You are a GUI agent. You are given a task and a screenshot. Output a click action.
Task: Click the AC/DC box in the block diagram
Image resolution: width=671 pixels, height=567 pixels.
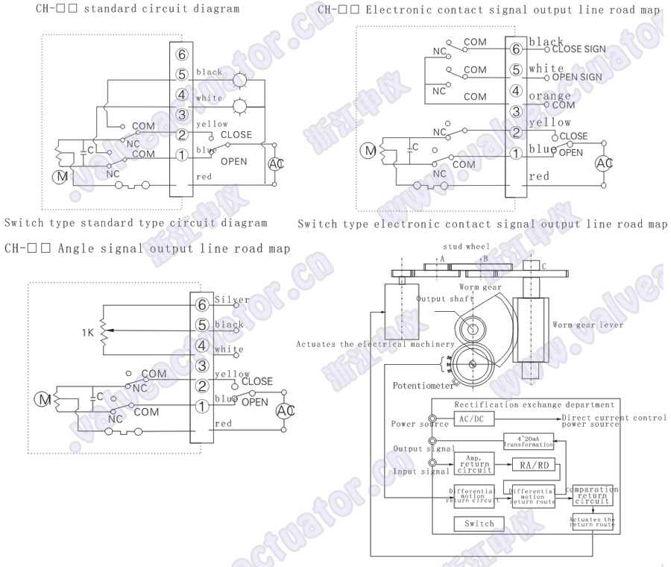pos(472,419)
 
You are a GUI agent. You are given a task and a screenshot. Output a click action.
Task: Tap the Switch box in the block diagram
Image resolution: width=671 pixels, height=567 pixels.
pos(479,524)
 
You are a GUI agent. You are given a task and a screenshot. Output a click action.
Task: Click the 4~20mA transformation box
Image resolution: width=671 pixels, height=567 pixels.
pos(529,440)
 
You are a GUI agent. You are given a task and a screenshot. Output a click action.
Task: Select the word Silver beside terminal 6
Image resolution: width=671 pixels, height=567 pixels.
pos(231,300)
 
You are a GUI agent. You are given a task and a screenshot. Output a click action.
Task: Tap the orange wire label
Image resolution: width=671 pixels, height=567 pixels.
pos(549,95)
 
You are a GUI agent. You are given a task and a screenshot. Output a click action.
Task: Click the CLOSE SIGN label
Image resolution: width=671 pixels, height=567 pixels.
pos(579,49)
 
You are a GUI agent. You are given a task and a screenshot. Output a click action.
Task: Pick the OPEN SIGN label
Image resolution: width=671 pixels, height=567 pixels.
pos(577,77)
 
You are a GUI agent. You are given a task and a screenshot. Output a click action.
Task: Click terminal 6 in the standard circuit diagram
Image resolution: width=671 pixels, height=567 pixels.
pos(182,55)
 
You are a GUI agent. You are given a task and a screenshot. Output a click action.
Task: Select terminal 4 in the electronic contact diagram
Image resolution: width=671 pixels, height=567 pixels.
pos(514,91)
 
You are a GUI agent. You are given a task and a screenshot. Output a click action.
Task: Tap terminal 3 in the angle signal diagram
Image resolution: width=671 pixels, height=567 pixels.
pos(201,366)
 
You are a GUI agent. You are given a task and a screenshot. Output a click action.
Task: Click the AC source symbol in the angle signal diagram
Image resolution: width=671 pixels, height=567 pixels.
pos(285,411)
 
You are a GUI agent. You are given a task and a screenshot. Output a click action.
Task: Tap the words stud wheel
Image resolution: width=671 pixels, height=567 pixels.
pos(466,246)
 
